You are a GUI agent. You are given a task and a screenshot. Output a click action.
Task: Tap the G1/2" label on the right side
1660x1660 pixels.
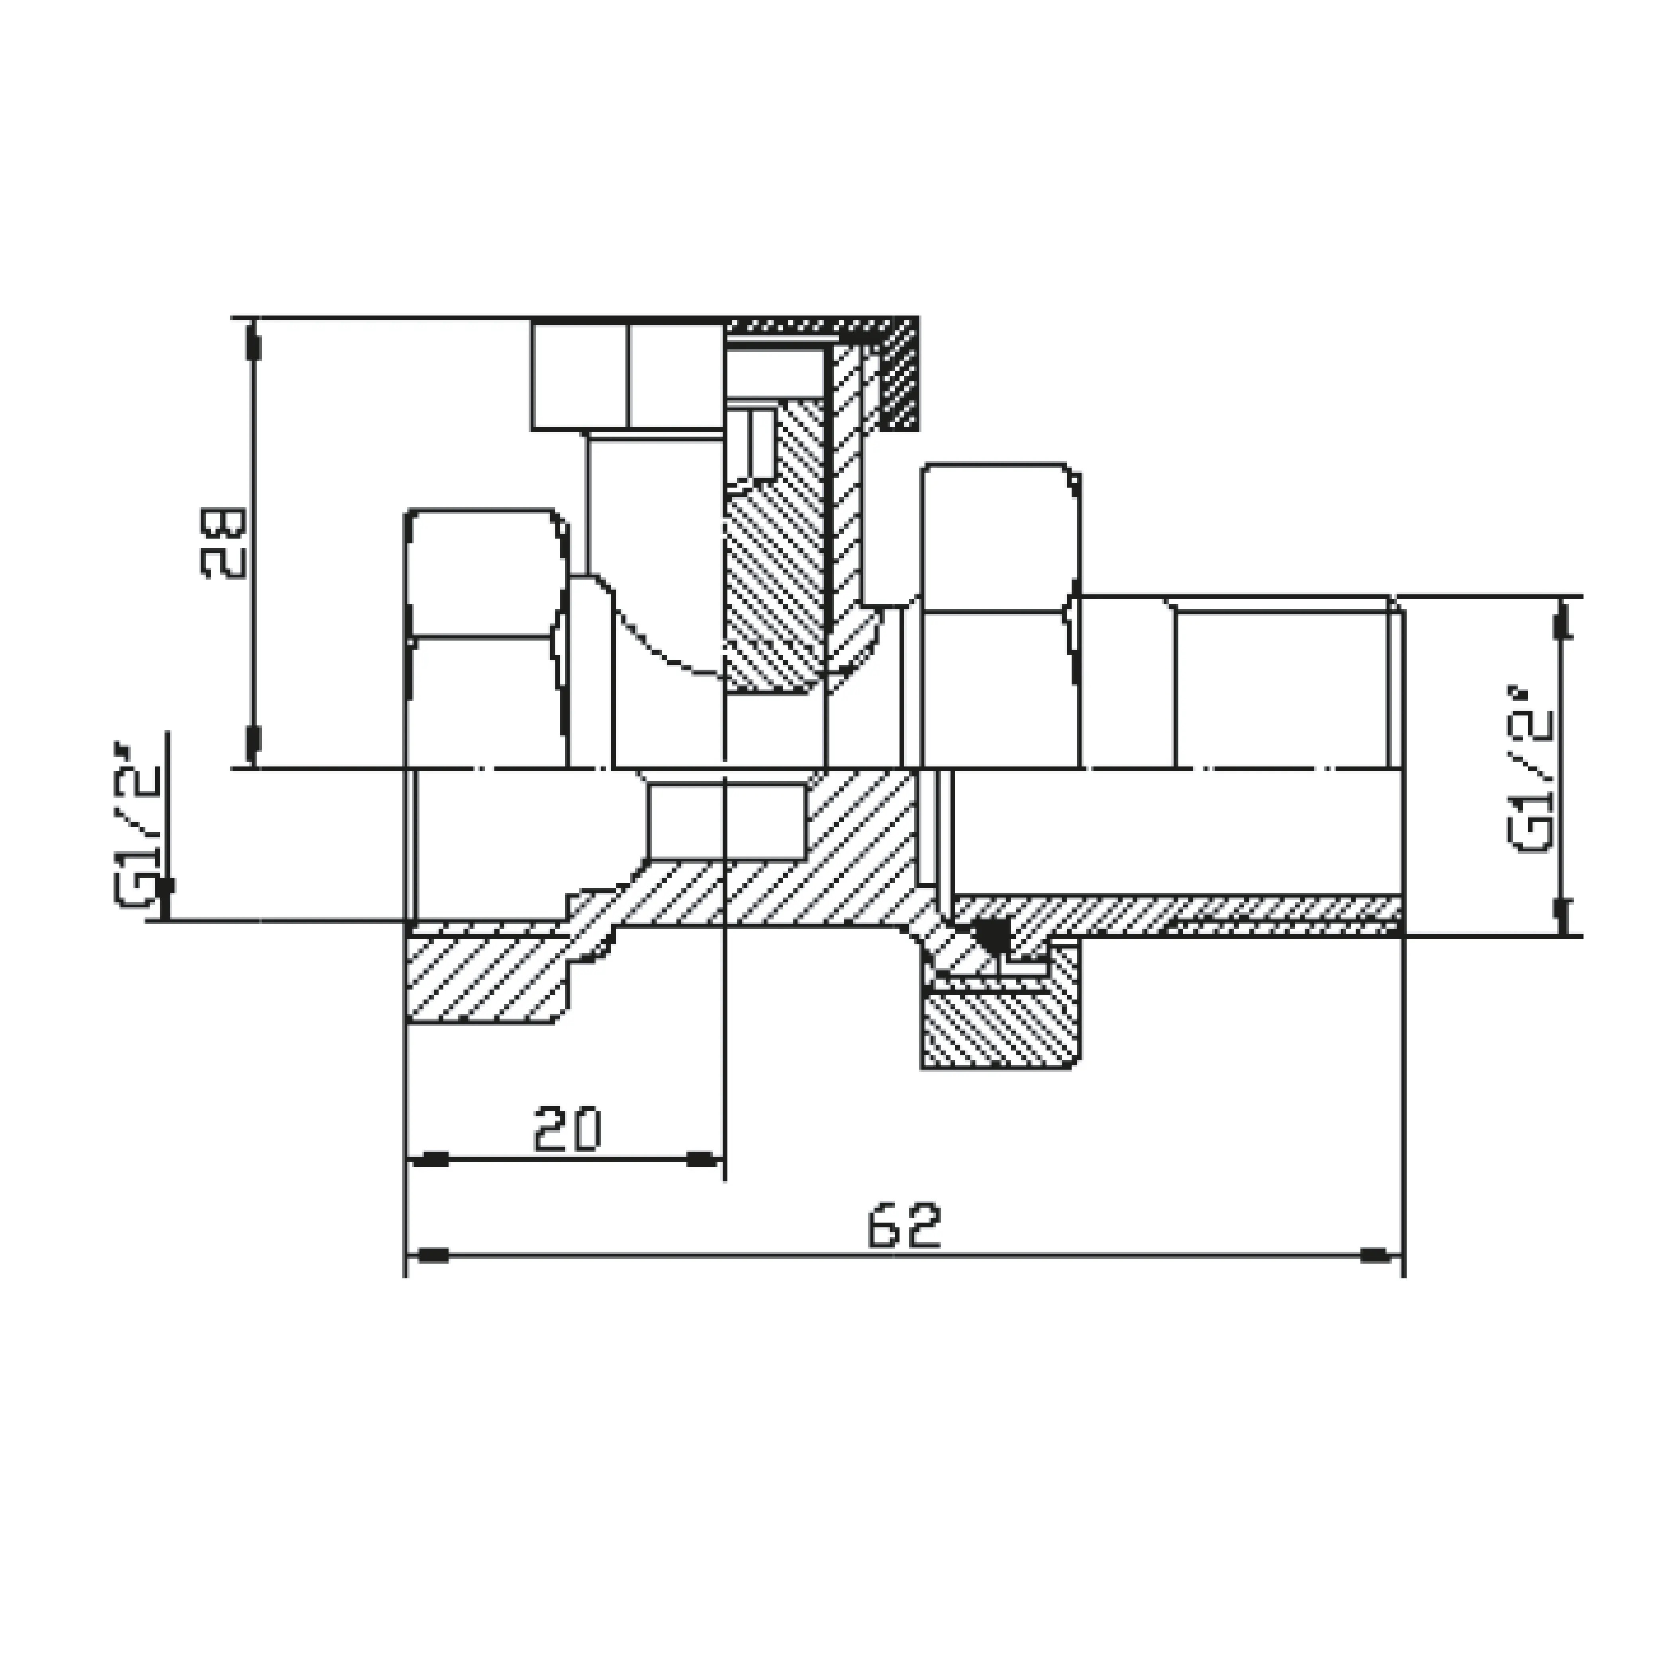point(1531,769)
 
